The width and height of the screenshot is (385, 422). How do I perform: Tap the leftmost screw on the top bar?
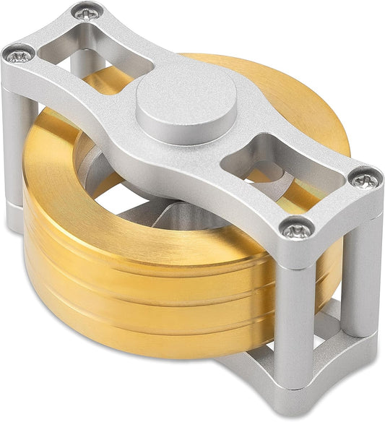pyautogui.click(x=20, y=56)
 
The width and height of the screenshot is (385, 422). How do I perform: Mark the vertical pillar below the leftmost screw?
pyautogui.click(x=19, y=145)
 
